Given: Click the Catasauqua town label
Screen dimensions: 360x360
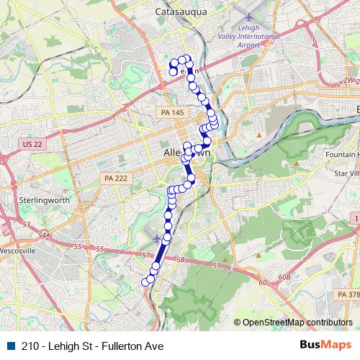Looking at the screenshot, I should tap(181, 11).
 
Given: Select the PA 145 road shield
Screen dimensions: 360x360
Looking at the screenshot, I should tap(168, 112).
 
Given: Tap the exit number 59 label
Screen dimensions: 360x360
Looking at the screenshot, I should tap(216, 266).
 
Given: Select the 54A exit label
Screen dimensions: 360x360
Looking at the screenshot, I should tap(45, 235).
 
